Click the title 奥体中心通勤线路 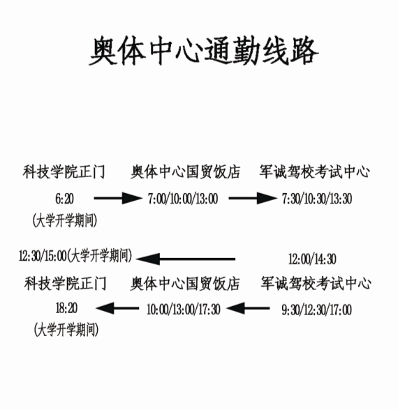(204, 50)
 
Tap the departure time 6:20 (64, 199)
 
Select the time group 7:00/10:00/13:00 (183, 199)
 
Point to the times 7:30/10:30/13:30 (317, 199)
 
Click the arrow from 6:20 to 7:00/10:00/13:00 (118, 198)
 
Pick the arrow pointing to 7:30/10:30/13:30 (253, 198)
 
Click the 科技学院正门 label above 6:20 (64, 172)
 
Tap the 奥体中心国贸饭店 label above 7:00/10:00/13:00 (186, 172)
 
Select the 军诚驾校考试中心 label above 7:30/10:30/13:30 (314, 172)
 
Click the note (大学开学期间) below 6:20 (65, 220)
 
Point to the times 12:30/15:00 (43, 256)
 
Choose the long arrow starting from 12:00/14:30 (186, 259)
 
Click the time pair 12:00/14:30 (312, 259)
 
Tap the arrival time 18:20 (66, 308)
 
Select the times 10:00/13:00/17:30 (183, 310)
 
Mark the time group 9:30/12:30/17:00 (316, 310)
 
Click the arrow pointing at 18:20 (117, 308)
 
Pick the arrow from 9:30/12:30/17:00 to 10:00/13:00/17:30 (248, 308)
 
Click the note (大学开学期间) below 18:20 (66, 329)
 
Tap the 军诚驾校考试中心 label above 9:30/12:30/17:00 (316, 283)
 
